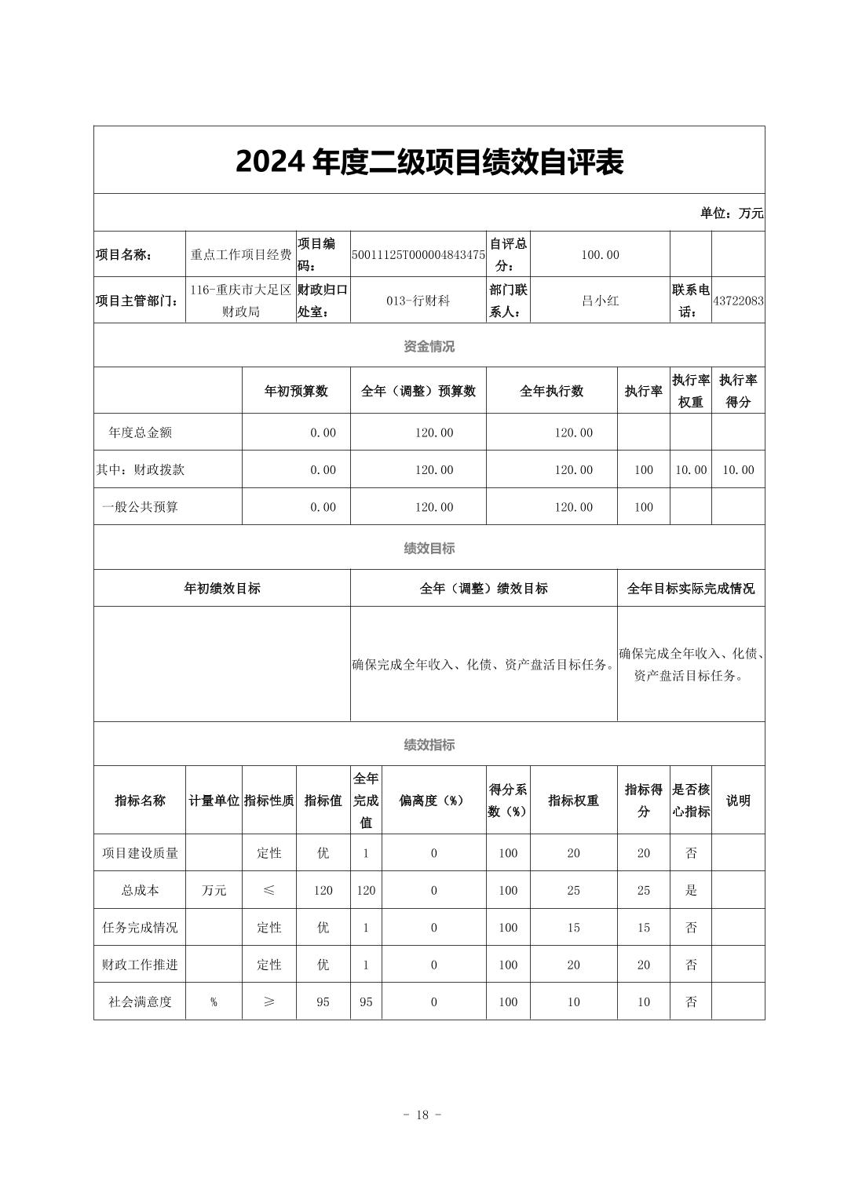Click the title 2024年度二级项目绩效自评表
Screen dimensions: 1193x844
coord(429,162)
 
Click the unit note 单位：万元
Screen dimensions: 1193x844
coord(732,213)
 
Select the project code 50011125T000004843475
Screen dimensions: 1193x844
coord(418,255)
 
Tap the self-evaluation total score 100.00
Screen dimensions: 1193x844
coord(600,255)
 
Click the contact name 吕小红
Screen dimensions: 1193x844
coord(600,301)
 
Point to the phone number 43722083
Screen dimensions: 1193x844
coord(738,301)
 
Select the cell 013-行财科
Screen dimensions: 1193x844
coord(418,301)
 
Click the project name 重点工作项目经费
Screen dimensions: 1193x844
coord(241,255)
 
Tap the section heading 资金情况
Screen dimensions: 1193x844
coord(429,346)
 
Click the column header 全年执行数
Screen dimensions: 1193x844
coord(551,391)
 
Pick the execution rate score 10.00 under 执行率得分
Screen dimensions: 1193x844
coord(738,470)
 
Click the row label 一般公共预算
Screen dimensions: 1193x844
coord(141,507)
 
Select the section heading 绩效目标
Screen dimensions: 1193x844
coord(429,549)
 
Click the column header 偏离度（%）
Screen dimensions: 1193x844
coord(433,801)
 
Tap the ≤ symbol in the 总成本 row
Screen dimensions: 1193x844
coord(269,890)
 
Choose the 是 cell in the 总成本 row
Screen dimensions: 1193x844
coord(691,890)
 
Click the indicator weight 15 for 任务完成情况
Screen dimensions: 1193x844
coord(574,928)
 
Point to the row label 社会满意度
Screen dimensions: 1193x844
coord(141,1001)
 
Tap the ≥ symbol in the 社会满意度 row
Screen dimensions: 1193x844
coord(269,1001)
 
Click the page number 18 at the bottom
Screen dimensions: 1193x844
coord(422,1115)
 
